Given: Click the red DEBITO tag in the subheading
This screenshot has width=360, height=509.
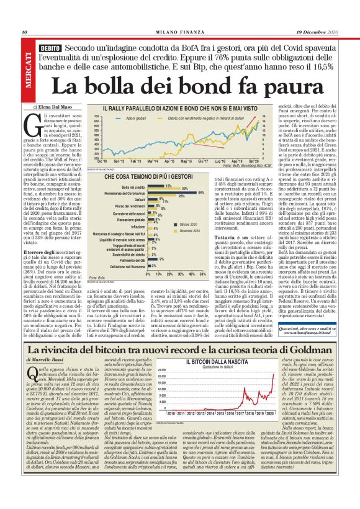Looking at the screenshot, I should (48, 48).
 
